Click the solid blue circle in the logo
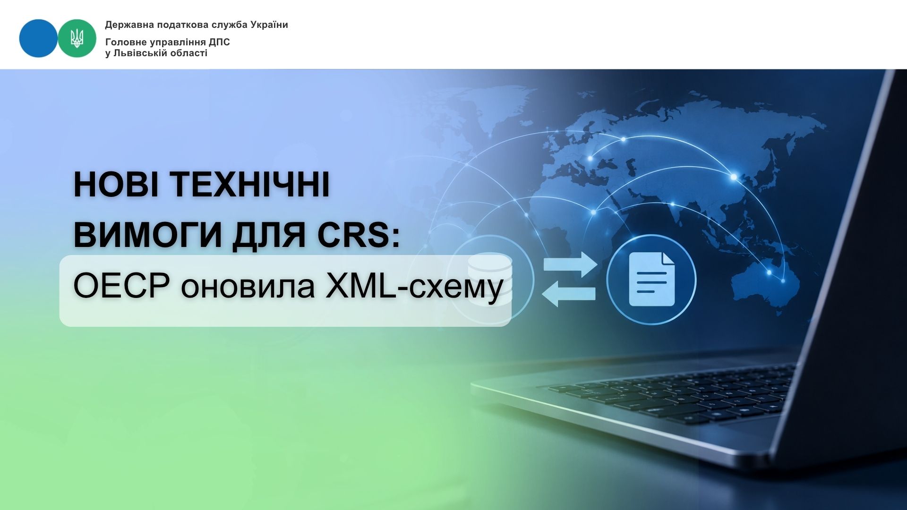[38, 38]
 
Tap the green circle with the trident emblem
[77, 38]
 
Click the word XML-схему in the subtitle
[414, 287]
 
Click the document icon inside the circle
[652, 280]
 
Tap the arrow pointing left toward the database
[569, 294]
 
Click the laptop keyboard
[671, 394]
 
